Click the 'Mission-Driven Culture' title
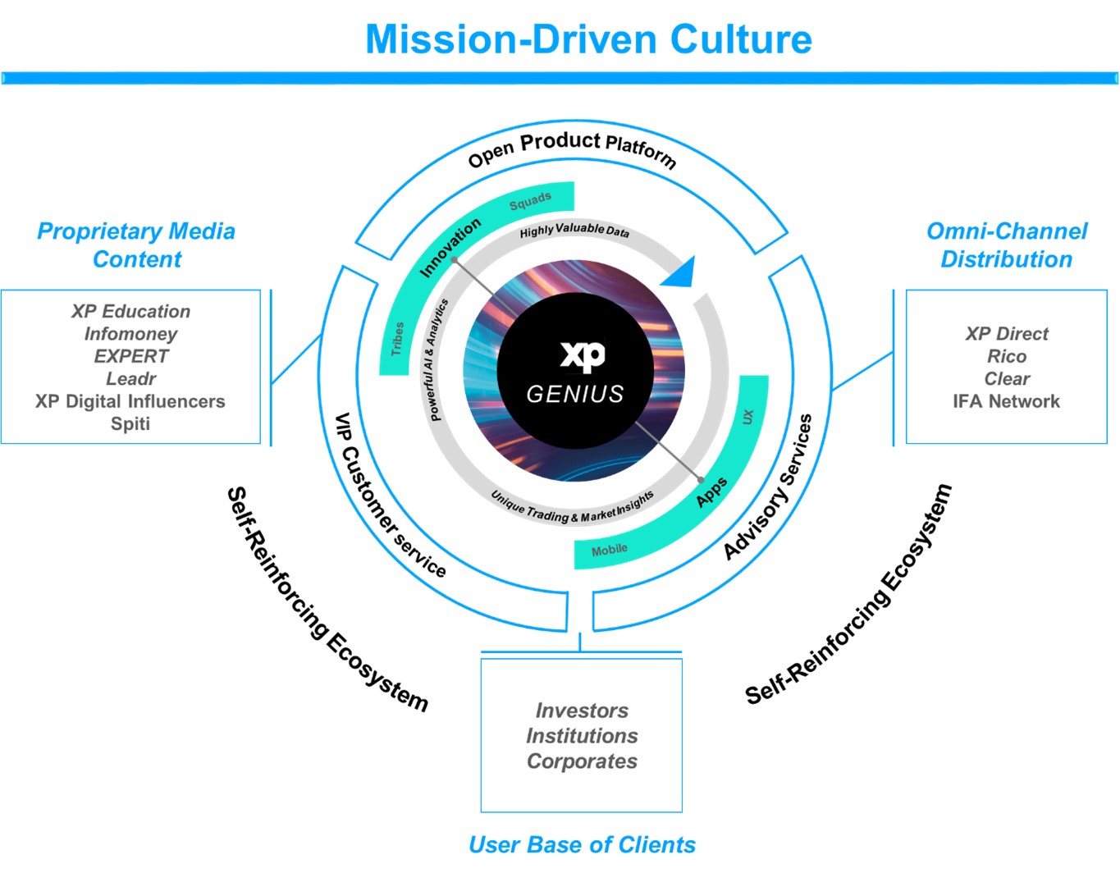pos(588,39)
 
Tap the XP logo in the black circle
pos(583,354)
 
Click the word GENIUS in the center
pos(575,395)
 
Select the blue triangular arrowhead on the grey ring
pos(681,272)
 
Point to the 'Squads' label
pos(530,201)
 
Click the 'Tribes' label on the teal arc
pos(397,338)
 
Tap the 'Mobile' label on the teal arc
pos(610,550)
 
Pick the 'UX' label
pos(747,416)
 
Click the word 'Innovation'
pos(450,247)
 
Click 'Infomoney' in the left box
pos(130,334)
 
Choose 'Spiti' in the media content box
pos(130,423)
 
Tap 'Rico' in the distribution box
pos(1007,356)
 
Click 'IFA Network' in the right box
pos(1006,401)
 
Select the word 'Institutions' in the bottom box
pos(582,736)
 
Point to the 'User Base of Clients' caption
pos(582,844)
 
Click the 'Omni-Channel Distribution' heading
pos(1007,245)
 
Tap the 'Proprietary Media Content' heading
pos(136,245)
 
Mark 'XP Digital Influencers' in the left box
pos(130,401)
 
